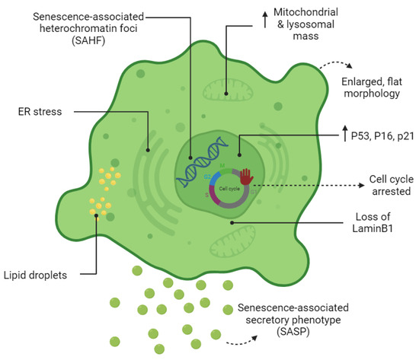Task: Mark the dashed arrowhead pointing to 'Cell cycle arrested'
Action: [x=322, y=185]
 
